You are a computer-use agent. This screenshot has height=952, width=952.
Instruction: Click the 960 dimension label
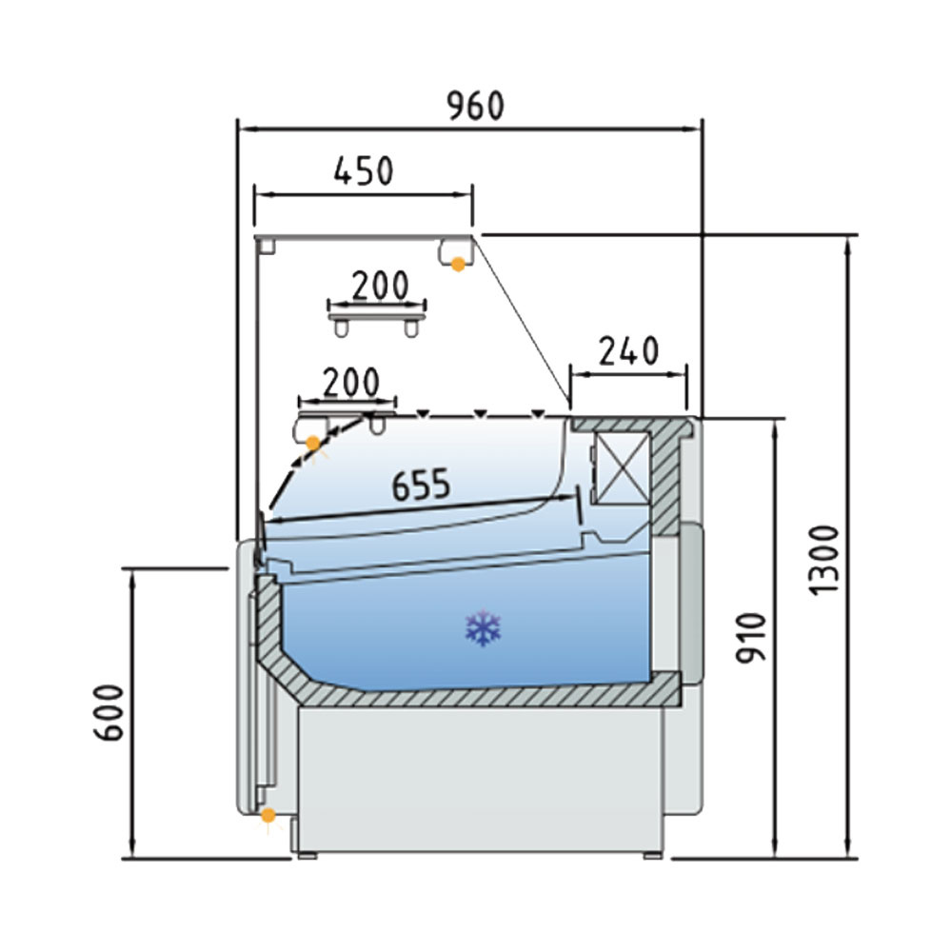point(475,107)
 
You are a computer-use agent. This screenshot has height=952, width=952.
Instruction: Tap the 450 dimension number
point(364,170)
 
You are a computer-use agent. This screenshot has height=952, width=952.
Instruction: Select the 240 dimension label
point(628,351)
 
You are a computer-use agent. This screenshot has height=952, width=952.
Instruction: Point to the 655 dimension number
point(421,485)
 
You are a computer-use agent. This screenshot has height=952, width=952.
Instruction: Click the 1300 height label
point(823,561)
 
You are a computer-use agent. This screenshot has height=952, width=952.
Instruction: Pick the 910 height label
point(751,638)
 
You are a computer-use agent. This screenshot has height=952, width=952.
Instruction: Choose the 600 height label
point(109,713)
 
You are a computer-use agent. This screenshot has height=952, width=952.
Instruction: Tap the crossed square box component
point(621,468)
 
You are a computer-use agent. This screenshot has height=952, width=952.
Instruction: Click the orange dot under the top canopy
point(458,264)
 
